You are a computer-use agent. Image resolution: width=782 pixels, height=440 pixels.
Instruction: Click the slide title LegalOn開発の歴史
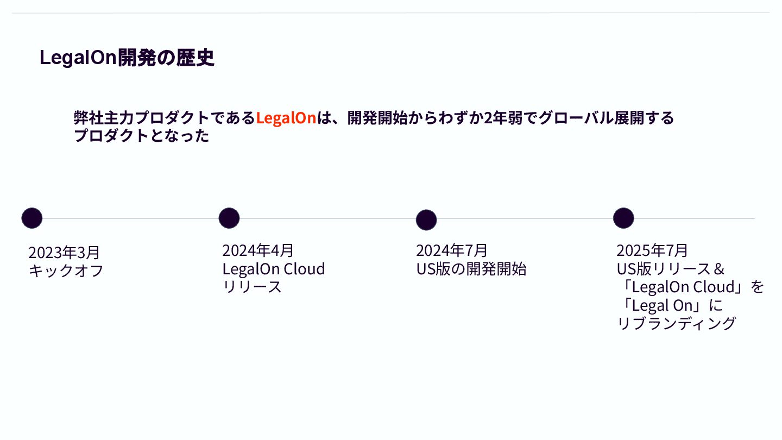click(127, 58)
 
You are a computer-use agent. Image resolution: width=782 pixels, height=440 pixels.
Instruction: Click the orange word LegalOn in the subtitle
click(286, 118)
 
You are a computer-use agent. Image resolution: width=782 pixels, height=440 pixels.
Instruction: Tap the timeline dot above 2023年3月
click(32, 218)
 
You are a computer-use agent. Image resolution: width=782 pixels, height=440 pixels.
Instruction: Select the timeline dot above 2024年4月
click(229, 218)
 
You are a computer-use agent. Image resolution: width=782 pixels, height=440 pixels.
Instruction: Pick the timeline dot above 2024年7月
click(426, 220)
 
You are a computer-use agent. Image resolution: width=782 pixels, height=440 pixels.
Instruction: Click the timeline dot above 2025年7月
click(623, 218)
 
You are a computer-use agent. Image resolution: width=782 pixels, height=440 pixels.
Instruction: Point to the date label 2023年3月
click(64, 253)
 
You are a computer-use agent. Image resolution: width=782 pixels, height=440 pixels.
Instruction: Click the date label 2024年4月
click(258, 250)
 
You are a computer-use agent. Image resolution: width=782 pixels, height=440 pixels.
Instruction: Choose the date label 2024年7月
click(452, 250)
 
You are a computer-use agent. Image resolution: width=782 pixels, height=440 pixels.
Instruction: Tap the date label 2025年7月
click(652, 250)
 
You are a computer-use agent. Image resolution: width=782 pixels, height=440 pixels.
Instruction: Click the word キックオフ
click(66, 271)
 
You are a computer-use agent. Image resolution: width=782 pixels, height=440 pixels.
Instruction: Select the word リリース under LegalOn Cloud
click(252, 287)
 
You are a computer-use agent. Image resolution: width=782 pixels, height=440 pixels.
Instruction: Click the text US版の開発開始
click(471, 269)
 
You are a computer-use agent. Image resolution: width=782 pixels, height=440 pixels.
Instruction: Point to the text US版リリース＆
click(671, 269)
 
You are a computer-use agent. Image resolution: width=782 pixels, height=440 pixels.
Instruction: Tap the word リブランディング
click(677, 323)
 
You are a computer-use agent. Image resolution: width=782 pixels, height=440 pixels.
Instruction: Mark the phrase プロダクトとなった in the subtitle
click(141, 136)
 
